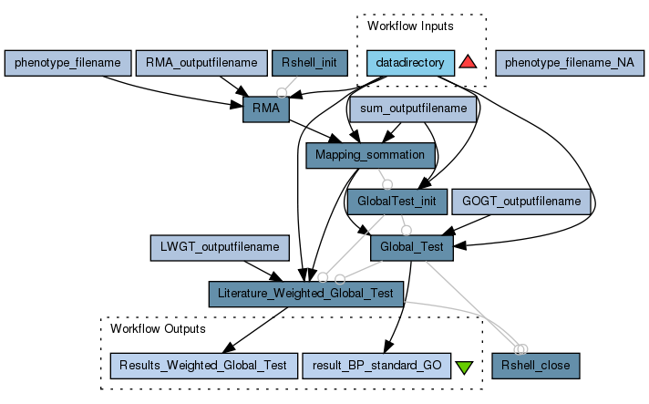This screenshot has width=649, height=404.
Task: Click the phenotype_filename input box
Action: [x=67, y=63]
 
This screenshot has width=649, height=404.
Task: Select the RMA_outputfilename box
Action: [x=201, y=63]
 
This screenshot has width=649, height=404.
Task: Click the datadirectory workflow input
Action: [x=410, y=63]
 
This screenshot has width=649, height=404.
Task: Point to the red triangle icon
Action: [x=468, y=62]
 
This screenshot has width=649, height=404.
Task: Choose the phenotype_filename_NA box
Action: [x=570, y=63]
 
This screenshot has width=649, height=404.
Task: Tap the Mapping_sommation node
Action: [x=369, y=155]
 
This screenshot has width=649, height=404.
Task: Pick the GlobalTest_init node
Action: [x=397, y=201]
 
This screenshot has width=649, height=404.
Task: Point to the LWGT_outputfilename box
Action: [x=220, y=247]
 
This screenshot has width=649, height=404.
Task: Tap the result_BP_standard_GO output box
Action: [x=376, y=366]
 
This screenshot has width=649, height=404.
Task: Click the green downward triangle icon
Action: [x=464, y=367]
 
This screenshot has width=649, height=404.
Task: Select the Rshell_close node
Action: [x=535, y=366]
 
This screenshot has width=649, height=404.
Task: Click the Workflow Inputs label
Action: [x=410, y=26]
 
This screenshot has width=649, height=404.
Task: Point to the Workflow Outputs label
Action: [x=158, y=328]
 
